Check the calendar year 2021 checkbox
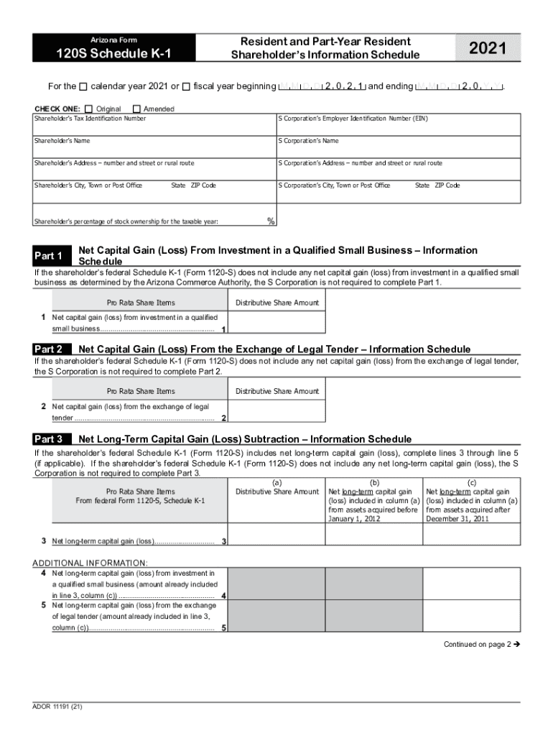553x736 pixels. point(83,87)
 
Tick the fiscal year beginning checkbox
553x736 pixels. point(187,87)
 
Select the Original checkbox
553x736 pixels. point(88,109)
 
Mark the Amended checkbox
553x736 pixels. point(137,109)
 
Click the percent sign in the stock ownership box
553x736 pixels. point(271,221)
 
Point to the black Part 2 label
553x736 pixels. point(50,349)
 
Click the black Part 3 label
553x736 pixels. point(50,439)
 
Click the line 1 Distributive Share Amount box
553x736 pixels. point(276,323)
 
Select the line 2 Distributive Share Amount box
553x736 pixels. point(276,412)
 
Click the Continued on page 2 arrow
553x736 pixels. point(516,645)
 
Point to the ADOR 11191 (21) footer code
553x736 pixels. point(57,706)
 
